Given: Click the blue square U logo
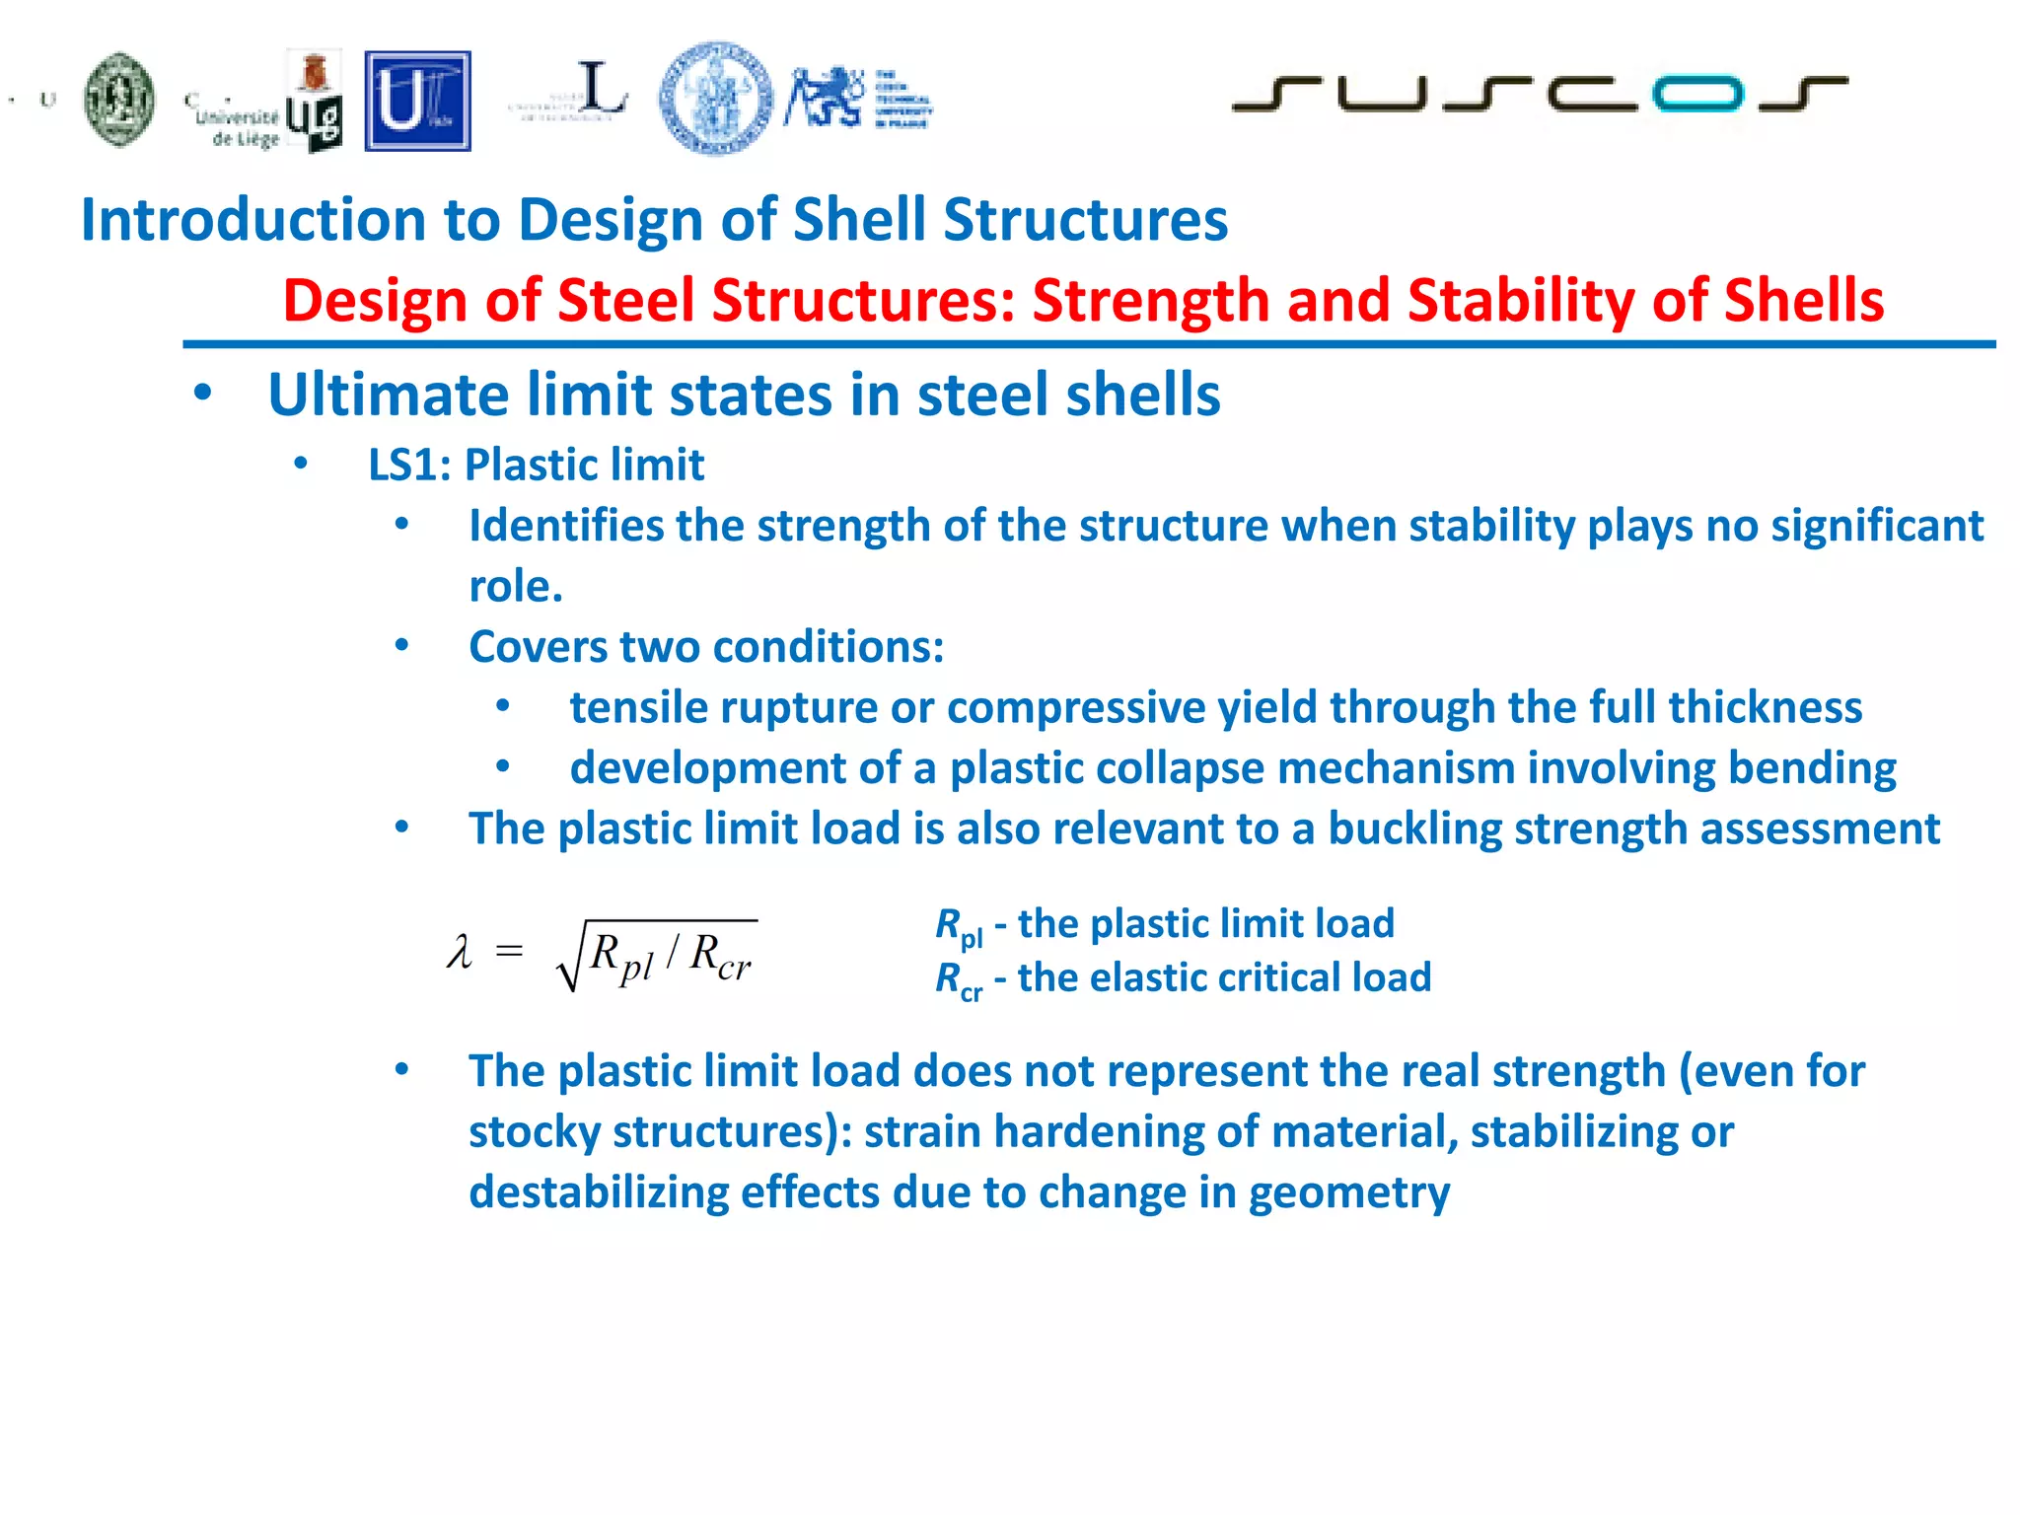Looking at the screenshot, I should pyautogui.click(x=417, y=102).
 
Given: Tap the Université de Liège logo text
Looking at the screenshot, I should pyautogui.click(x=237, y=126).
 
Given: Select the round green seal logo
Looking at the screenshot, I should pyautogui.click(x=119, y=100).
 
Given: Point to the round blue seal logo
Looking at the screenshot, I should pyautogui.click(x=716, y=99).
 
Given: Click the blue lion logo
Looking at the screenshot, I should pyautogui.click(x=824, y=97).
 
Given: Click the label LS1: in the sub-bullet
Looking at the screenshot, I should pyautogui.click(x=408, y=465).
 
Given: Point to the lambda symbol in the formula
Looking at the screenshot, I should pyautogui.click(x=459, y=953).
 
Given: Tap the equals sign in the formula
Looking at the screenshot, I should pyautogui.click(x=509, y=951).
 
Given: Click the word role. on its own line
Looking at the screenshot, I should pyautogui.click(x=516, y=587).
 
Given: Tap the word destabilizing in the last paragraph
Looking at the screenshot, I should pyautogui.click(x=598, y=1191).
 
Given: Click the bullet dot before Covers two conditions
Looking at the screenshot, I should pyautogui.click(x=401, y=646).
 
